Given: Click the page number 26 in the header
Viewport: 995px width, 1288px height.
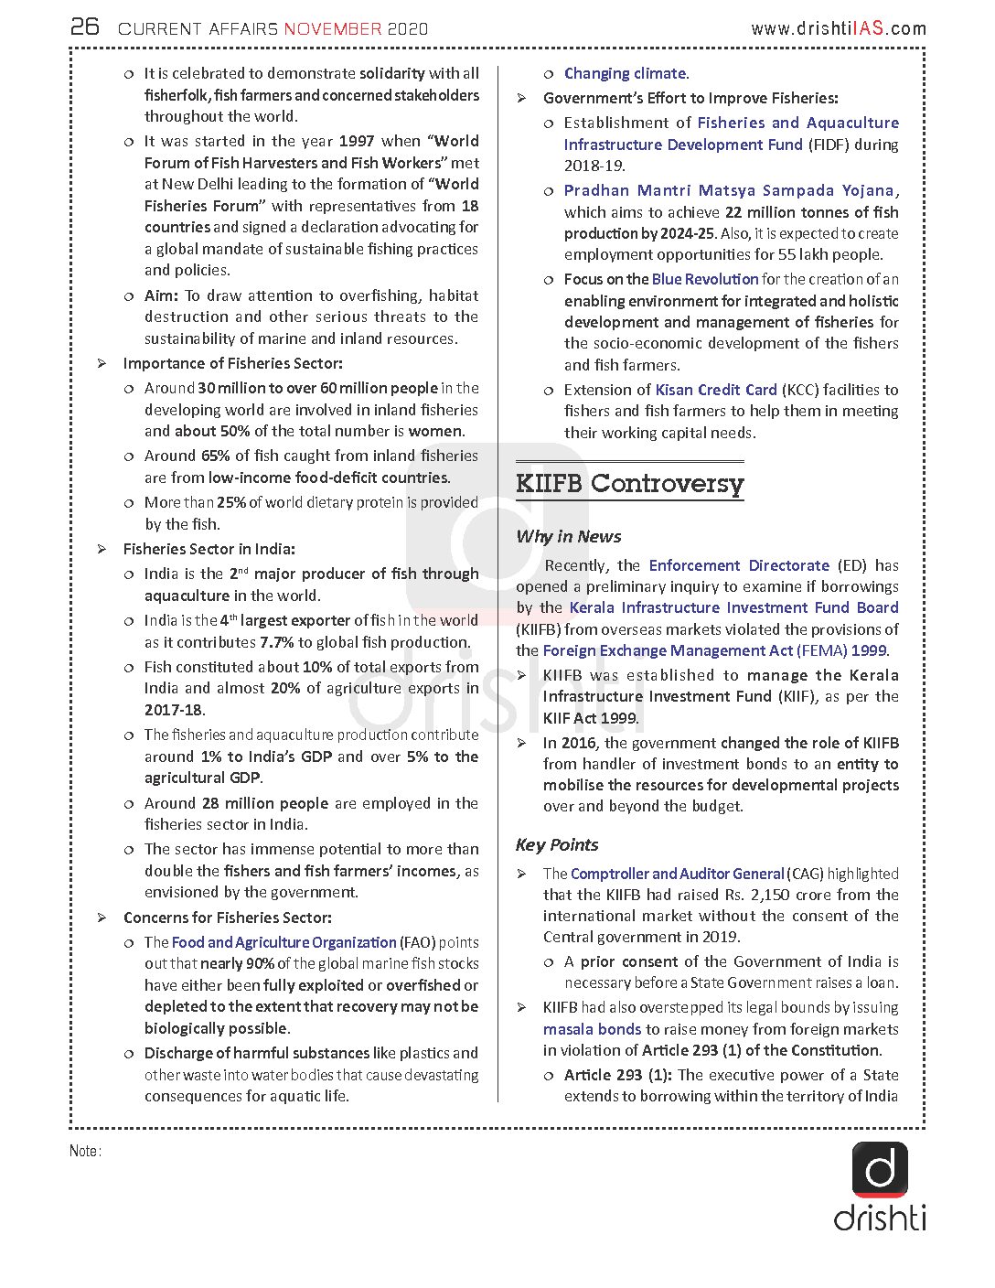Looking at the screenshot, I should click(x=85, y=27).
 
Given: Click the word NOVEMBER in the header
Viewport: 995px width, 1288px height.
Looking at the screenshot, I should click(x=333, y=29).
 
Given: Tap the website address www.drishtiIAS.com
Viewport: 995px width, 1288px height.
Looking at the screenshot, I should click(x=838, y=29).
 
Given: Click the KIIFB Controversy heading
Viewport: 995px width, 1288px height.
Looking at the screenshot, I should click(x=629, y=483).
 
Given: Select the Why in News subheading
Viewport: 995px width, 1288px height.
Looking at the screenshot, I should click(x=568, y=537).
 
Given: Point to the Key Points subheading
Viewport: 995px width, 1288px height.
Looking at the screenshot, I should click(x=556, y=845).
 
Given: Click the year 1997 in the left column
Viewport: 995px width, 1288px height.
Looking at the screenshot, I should click(x=357, y=141).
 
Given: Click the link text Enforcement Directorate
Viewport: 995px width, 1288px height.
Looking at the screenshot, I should click(x=739, y=565).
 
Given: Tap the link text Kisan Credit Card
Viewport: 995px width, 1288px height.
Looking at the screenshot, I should click(x=716, y=390).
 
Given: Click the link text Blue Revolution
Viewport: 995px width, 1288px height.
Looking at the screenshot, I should click(x=705, y=279).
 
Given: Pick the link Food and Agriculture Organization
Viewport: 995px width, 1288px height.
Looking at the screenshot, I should click(x=284, y=942).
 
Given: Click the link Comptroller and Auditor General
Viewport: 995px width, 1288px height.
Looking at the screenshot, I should click(x=677, y=874).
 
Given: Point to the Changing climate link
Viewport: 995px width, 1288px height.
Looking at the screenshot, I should click(x=626, y=73).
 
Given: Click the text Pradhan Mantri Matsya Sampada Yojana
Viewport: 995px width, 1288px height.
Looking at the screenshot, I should click(x=729, y=190).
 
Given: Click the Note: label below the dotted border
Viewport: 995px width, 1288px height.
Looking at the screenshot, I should click(x=85, y=1151).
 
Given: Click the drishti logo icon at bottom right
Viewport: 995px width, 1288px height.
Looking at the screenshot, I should click(x=880, y=1170).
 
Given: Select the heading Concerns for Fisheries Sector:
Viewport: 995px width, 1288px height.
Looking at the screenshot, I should click(x=228, y=918).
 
